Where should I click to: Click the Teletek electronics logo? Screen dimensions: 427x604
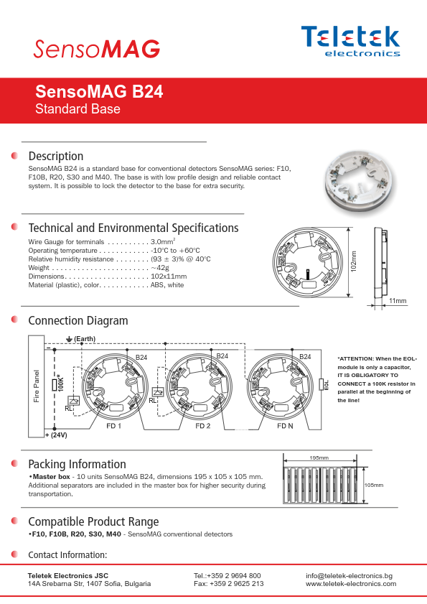click(350, 41)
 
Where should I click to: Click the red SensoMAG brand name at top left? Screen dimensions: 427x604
click(97, 49)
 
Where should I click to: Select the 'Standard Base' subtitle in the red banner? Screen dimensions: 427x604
click(78, 109)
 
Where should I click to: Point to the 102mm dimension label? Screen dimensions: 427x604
click(354, 261)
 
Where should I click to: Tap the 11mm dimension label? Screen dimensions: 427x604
click(398, 300)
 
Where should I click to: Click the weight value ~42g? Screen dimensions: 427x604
click(160, 268)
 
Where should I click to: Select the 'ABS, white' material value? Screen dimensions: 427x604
click(167, 285)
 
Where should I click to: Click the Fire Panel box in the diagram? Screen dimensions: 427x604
click(36, 386)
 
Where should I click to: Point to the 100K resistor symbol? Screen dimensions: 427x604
click(55, 384)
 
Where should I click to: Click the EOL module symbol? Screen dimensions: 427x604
click(321, 384)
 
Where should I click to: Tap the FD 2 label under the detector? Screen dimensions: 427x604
click(203, 426)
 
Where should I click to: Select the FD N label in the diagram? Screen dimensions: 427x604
click(285, 426)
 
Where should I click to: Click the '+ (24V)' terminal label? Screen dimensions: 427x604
click(56, 435)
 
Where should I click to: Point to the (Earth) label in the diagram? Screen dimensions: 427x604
click(85, 338)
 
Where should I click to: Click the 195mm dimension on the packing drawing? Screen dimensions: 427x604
click(319, 457)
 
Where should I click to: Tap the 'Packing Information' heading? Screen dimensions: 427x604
click(77, 464)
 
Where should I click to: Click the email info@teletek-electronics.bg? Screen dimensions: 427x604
click(349, 575)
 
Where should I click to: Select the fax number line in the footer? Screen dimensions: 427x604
click(229, 584)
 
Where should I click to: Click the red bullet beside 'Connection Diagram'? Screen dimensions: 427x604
click(14, 320)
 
